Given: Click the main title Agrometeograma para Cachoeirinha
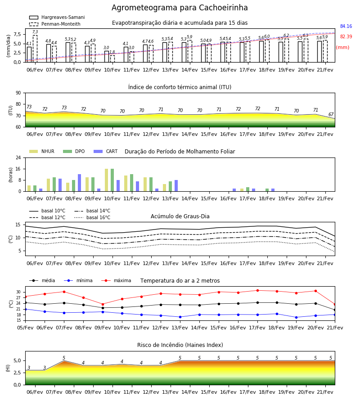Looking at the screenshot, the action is point(180,8).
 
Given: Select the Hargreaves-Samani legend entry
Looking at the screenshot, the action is point(57,17).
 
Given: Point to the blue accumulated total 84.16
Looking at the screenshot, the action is point(346,27).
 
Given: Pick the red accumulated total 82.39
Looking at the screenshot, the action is point(346,37).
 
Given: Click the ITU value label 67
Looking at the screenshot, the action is point(331,114).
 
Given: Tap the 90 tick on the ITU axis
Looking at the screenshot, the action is point(18,93).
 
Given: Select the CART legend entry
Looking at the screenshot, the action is point(106,151).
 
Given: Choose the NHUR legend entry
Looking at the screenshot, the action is point(42,151).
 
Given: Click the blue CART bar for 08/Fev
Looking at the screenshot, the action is point(80,183).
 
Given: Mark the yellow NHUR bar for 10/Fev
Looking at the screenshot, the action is point(106,180).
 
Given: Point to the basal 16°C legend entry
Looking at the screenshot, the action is point(92,217).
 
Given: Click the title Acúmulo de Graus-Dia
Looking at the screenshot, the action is point(180,216).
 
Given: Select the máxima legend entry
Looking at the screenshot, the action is point(116,280).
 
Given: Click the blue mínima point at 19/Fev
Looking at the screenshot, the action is point(296,317).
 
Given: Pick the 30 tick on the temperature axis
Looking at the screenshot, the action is point(18,292).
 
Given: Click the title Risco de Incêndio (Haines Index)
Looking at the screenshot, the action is point(180,345).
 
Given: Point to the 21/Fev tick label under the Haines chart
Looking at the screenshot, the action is point(325,392).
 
